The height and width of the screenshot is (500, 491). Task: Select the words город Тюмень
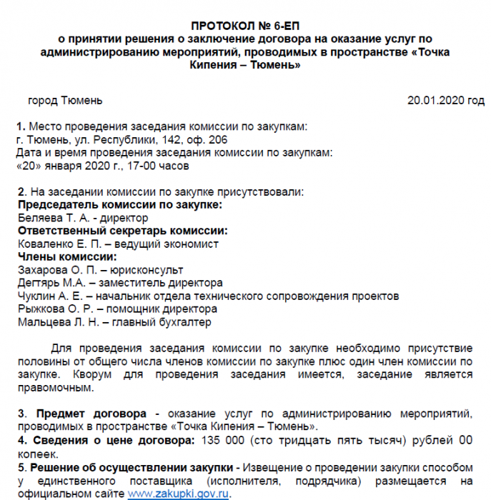(65, 100)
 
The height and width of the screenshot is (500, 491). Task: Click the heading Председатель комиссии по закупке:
(119, 205)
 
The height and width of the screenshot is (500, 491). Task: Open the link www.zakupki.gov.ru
(179, 493)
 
